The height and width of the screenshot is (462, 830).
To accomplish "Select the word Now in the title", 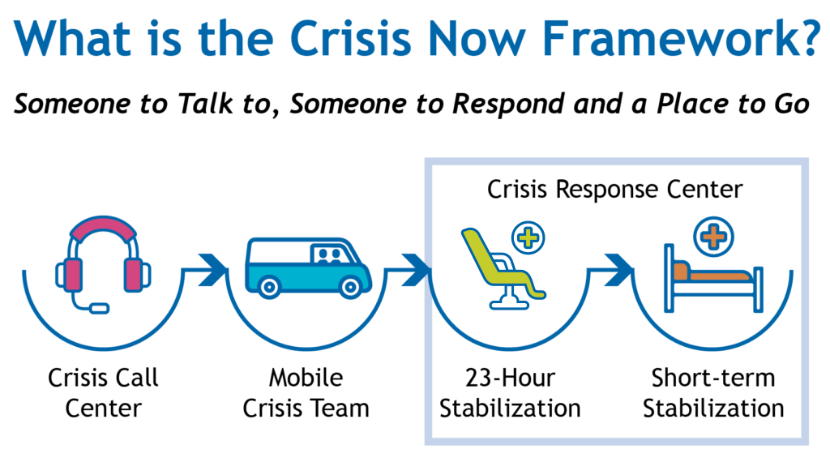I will point(472,37).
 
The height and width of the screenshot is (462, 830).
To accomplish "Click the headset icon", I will point(104,263).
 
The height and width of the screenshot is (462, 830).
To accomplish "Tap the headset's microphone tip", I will point(100,308).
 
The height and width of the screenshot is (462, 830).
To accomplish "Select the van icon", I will point(308,267).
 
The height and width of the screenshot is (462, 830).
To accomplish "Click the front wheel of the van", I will point(350,286).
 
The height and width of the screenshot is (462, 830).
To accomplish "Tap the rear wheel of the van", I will point(270,286).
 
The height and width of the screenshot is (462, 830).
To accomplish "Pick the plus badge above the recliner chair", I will point(527,237).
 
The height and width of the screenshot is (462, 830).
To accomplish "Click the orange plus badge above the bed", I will point(712,237).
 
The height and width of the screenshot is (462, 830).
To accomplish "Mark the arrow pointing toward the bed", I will point(618,269).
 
